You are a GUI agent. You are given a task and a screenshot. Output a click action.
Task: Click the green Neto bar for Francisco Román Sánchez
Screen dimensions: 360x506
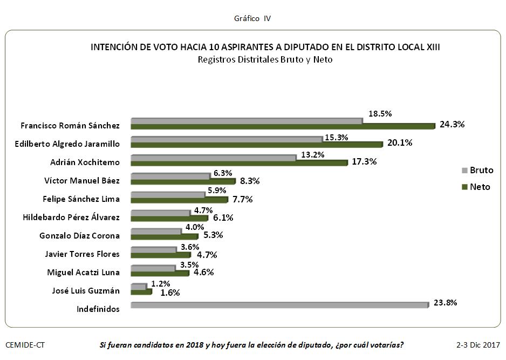[283, 126]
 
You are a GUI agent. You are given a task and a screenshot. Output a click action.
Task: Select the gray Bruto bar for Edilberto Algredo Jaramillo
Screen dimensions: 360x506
[227, 139]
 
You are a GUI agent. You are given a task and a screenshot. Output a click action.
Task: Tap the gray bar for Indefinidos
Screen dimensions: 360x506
[279, 305]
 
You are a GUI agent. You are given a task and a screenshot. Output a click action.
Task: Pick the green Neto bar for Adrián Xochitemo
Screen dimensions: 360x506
[239, 162]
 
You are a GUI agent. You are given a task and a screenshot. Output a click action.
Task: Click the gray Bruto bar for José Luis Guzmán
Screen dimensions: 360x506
[138, 286]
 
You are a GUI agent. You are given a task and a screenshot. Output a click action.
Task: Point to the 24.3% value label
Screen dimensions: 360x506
[452, 124]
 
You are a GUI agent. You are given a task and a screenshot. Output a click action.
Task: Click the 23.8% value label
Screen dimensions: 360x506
[445, 303]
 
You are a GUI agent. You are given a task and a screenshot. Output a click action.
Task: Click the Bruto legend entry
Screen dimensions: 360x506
[477, 171]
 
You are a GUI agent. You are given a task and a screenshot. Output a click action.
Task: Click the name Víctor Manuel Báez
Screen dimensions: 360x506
[82, 180]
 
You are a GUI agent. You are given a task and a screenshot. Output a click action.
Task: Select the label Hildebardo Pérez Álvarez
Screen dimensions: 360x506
[71, 218]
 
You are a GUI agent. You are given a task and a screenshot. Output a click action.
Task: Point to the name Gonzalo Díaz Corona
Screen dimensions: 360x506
[80, 236]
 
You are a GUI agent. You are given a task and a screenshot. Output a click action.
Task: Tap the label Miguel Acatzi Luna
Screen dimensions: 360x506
[83, 273]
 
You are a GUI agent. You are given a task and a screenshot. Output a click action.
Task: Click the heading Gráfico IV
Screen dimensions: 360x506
[252, 18]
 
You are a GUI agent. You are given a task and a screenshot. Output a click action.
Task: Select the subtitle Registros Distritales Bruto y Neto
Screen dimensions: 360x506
[265, 59]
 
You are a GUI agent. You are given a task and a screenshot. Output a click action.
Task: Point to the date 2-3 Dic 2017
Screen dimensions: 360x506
[478, 344]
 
